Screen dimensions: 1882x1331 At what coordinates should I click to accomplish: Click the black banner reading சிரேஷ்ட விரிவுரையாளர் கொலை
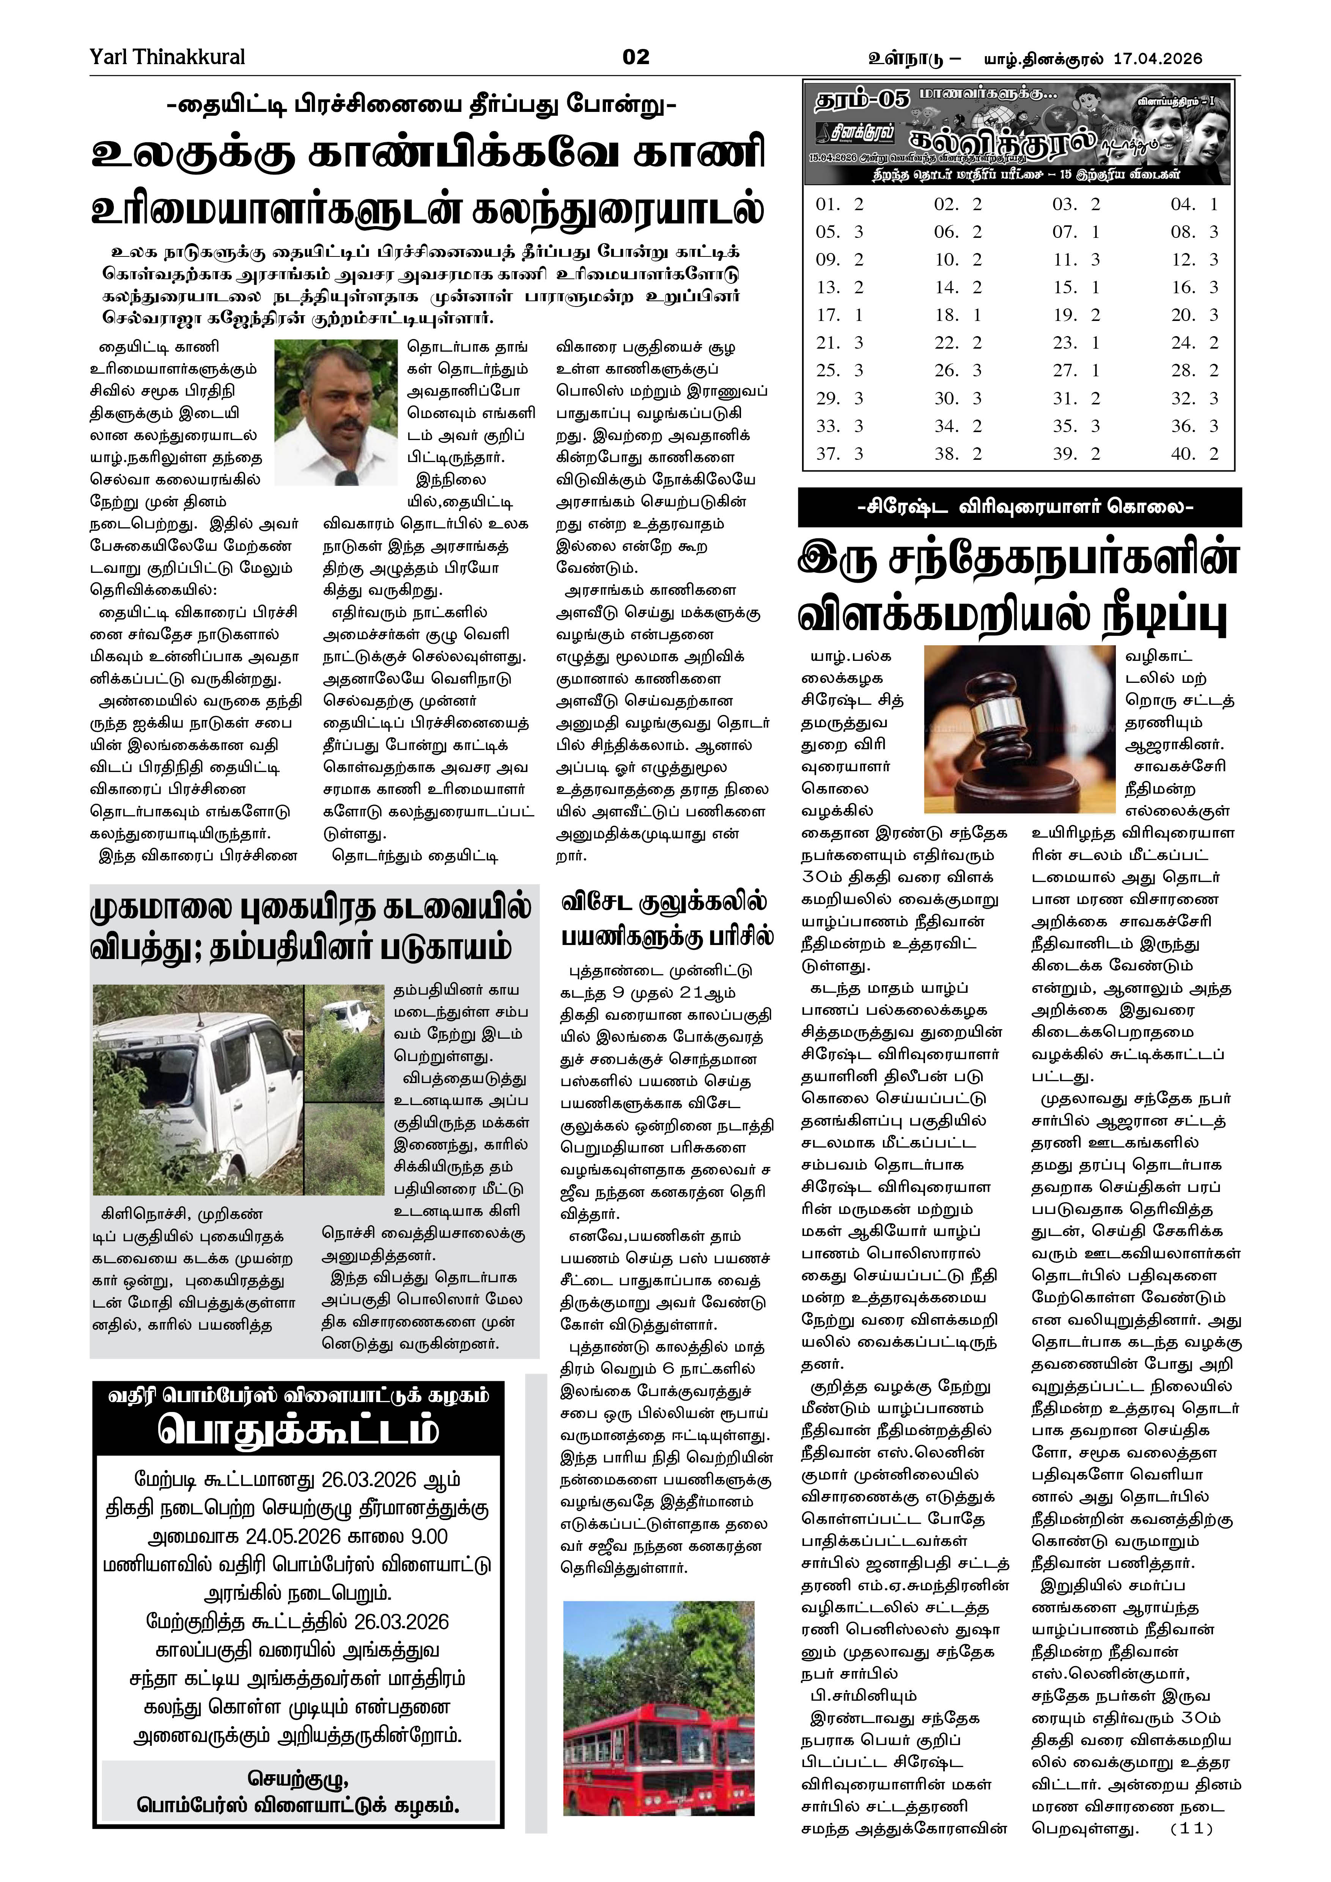[x=1019, y=507]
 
